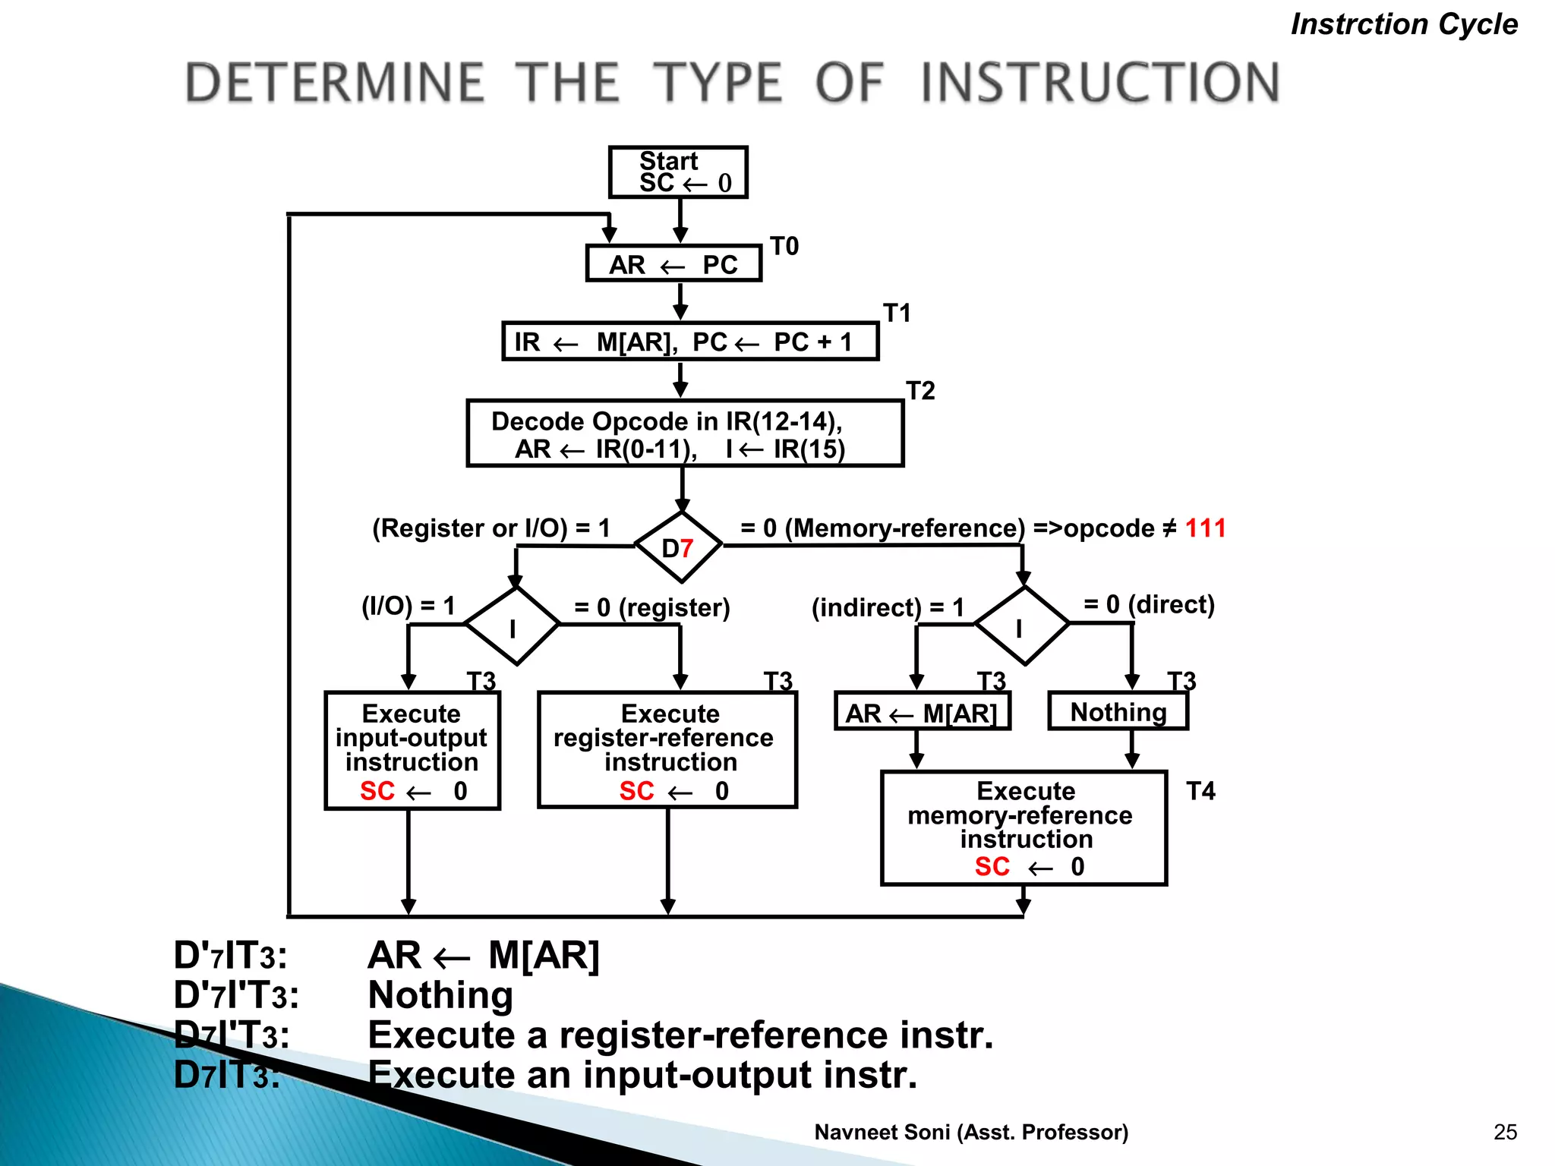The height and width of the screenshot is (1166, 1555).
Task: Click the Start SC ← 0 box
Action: [x=678, y=172]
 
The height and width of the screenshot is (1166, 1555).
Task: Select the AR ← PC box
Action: [x=673, y=264]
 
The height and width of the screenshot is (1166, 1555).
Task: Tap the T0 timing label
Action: [x=784, y=247]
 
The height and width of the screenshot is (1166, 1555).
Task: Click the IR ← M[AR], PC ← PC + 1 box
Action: [x=690, y=342]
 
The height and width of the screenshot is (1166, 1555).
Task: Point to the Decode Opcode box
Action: [x=685, y=433]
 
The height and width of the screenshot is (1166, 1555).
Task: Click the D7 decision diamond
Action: [x=678, y=547]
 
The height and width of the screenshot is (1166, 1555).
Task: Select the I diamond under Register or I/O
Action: [x=513, y=626]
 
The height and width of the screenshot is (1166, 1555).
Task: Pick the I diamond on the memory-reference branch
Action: [x=1021, y=626]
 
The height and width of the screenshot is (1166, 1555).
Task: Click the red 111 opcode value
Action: [x=1205, y=528]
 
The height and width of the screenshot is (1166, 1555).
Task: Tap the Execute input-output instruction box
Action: [x=412, y=750]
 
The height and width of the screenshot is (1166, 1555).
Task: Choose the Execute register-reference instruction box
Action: [x=667, y=750]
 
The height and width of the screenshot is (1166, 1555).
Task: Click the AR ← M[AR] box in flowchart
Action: [x=922, y=712]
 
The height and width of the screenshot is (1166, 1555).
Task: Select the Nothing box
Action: [x=1118, y=711]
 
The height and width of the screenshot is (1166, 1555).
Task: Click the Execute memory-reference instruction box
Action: [x=1024, y=828]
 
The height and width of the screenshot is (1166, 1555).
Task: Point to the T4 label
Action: [x=1200, y=792]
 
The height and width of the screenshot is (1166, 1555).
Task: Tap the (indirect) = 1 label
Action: [x=888, y=607]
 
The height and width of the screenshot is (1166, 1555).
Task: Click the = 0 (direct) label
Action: [x=1149, y=604]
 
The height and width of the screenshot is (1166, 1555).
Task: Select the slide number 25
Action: [x=1505, y=1132]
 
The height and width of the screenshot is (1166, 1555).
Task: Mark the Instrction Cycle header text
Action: [x=1404, y=24]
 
